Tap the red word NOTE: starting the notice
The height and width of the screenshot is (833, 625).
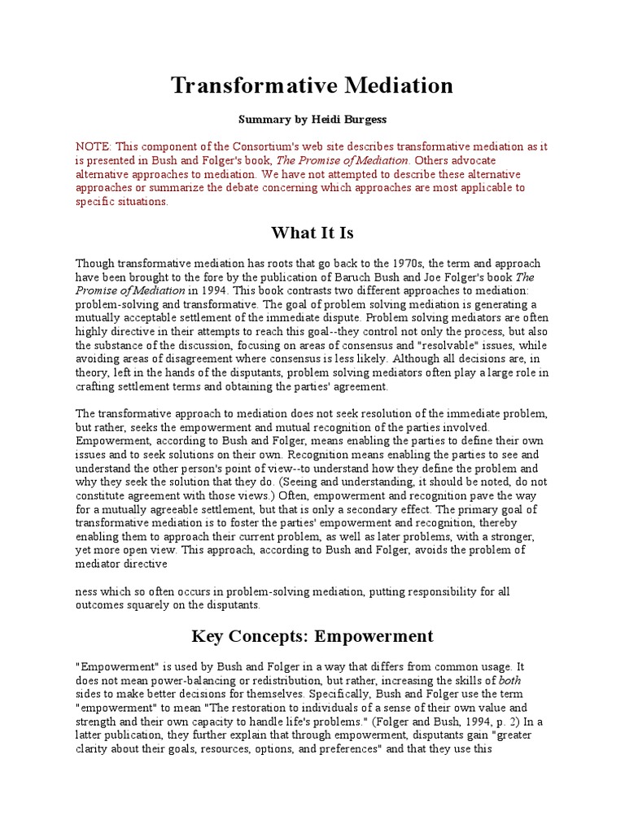94,147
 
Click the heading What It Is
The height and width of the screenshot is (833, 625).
312,233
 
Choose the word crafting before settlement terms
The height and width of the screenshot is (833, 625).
100,386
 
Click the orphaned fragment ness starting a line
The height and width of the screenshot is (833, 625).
87,591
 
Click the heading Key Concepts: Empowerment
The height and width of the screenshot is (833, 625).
312,636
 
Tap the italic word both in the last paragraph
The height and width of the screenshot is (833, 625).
509,679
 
